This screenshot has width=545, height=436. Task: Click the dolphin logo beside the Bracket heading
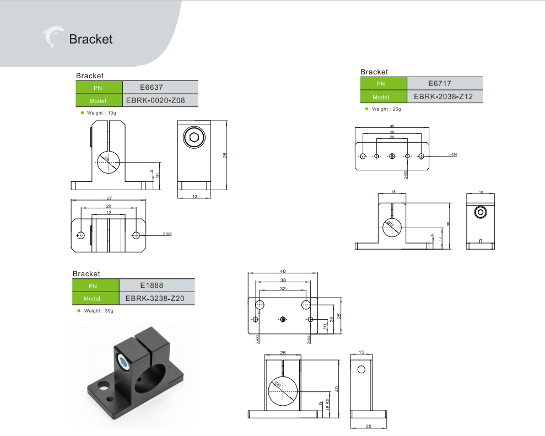[x=53, y=37]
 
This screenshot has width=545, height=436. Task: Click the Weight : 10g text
[x=101, y=112]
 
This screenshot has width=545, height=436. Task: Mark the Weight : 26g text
[x=386, y=109]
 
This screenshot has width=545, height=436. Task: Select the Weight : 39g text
[x=98, y=311]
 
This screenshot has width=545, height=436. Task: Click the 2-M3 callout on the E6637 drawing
[x=168, y=235]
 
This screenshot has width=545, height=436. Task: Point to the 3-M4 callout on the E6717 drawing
[x=452, y=154]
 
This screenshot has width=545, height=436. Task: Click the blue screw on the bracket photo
[x=125, y=362]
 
